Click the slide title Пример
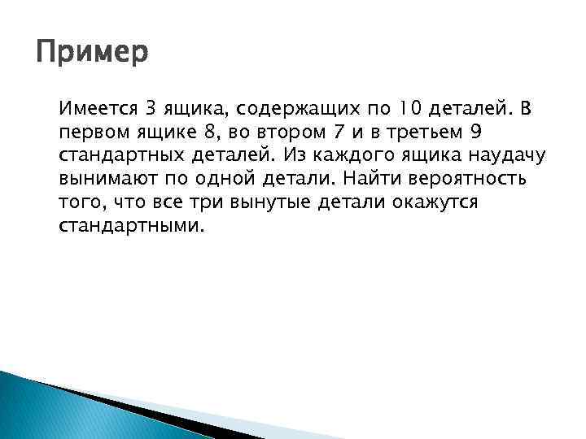93,54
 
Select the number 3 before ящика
147,106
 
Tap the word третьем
414,131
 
